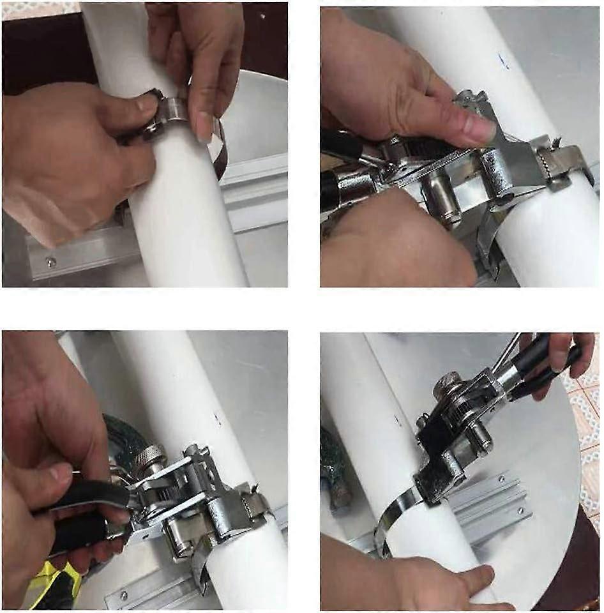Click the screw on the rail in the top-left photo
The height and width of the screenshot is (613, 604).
point(49,261)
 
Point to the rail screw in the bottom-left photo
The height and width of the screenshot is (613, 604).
point(122,596)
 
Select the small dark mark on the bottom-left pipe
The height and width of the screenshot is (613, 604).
point(217,419)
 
